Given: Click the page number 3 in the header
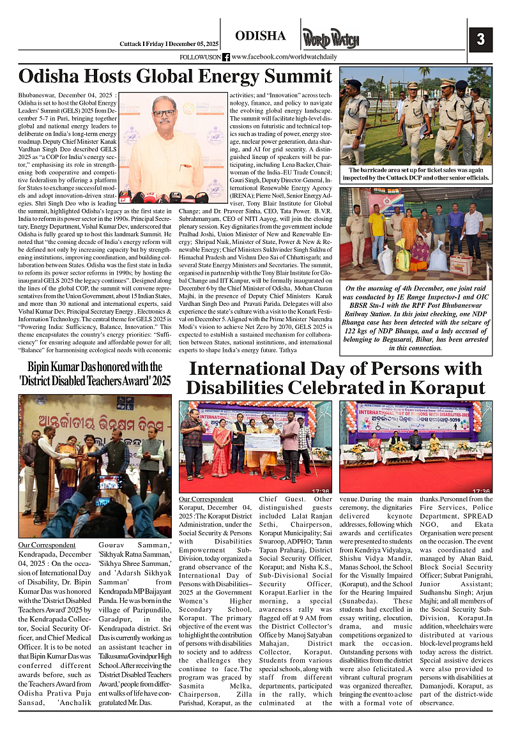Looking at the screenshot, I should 480,40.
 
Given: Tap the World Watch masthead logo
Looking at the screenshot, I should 330,40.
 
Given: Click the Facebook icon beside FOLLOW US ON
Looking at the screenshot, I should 225,57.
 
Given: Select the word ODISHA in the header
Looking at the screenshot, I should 260,36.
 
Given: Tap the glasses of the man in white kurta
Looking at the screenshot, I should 164,113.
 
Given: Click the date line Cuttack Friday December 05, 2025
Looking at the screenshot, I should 169,43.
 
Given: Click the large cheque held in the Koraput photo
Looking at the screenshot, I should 262,442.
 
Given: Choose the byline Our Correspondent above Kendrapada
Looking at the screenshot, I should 47,545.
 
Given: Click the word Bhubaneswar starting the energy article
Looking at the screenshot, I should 40,95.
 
